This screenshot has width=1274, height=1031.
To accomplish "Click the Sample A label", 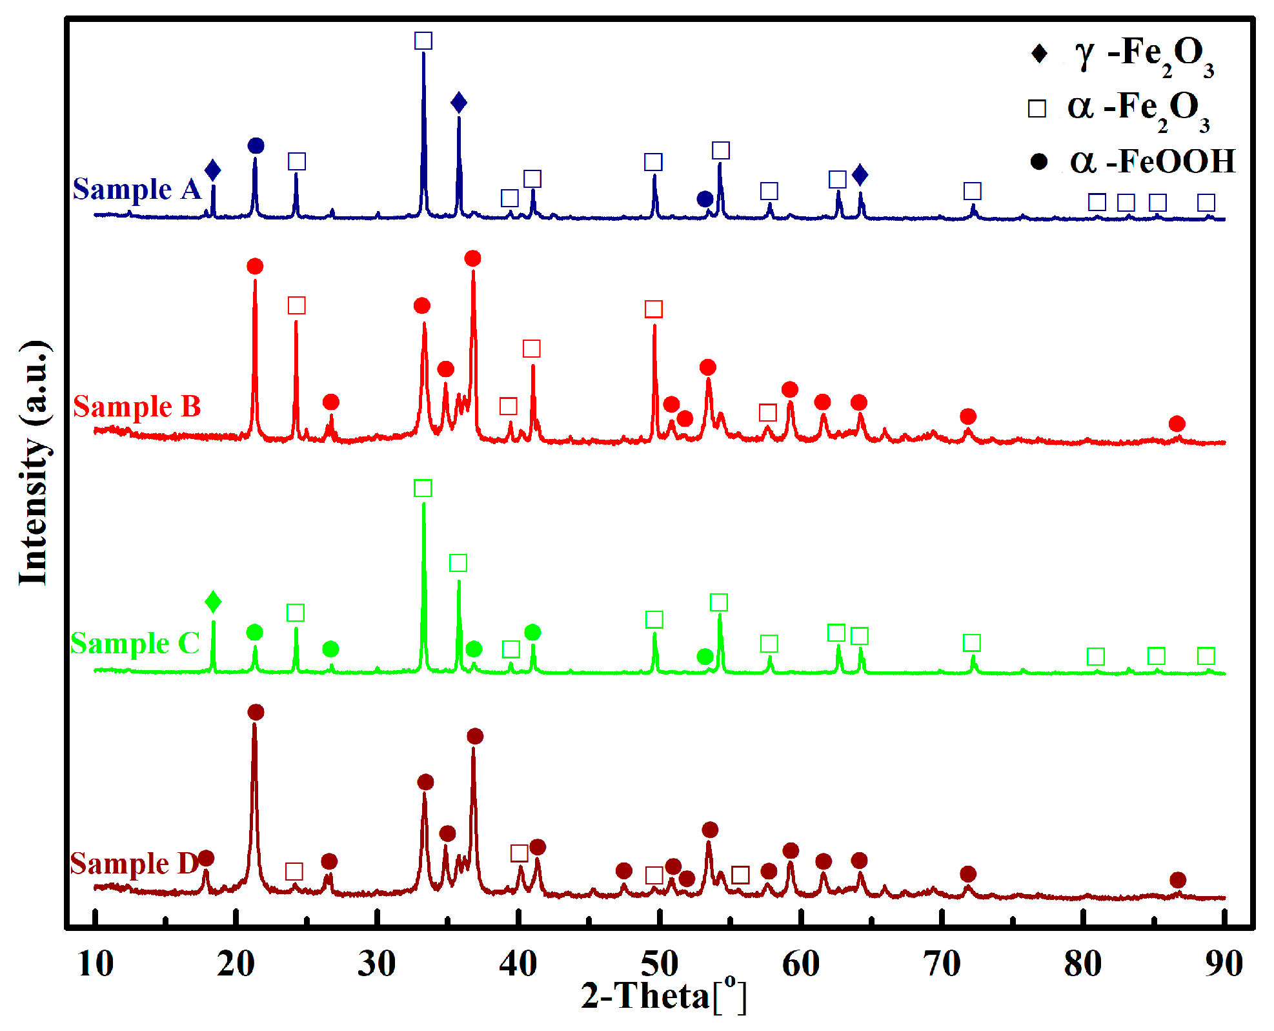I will tap(137, 189).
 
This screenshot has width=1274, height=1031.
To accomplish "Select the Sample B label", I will tap(137, 407).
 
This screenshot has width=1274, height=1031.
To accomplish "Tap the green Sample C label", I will tap(135, 643).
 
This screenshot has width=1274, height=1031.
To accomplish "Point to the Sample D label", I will tap(134, 863).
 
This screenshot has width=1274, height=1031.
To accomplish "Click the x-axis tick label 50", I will tap(659, 964).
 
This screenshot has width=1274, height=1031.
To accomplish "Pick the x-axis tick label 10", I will tap(96, 964).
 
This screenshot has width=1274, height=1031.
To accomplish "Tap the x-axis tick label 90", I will tap(1224, 964).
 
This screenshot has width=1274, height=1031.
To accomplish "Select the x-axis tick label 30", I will tap(377, 964).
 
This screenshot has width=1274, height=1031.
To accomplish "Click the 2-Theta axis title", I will tap(663, 995).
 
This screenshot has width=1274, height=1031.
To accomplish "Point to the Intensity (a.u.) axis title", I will tap(34, 462).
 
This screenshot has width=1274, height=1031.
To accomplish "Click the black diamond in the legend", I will tap(1039, 53).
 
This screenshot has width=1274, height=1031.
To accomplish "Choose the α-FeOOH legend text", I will tap(1152, 161).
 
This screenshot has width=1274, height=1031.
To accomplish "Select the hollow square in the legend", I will tap(1037, 108).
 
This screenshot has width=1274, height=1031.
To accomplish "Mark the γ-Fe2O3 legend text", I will tap(1144, 55).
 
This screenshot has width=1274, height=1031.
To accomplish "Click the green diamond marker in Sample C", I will tap(213, 602).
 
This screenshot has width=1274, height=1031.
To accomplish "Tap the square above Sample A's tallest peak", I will tap(423, 41).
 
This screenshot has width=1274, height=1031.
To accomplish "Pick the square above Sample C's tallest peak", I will tap(423, 488).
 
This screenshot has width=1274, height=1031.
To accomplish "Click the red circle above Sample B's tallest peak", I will tap(472, 259).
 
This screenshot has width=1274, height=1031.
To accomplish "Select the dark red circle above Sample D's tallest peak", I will tap(256, 712).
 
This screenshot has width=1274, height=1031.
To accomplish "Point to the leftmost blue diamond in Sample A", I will tap(212, 171).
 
